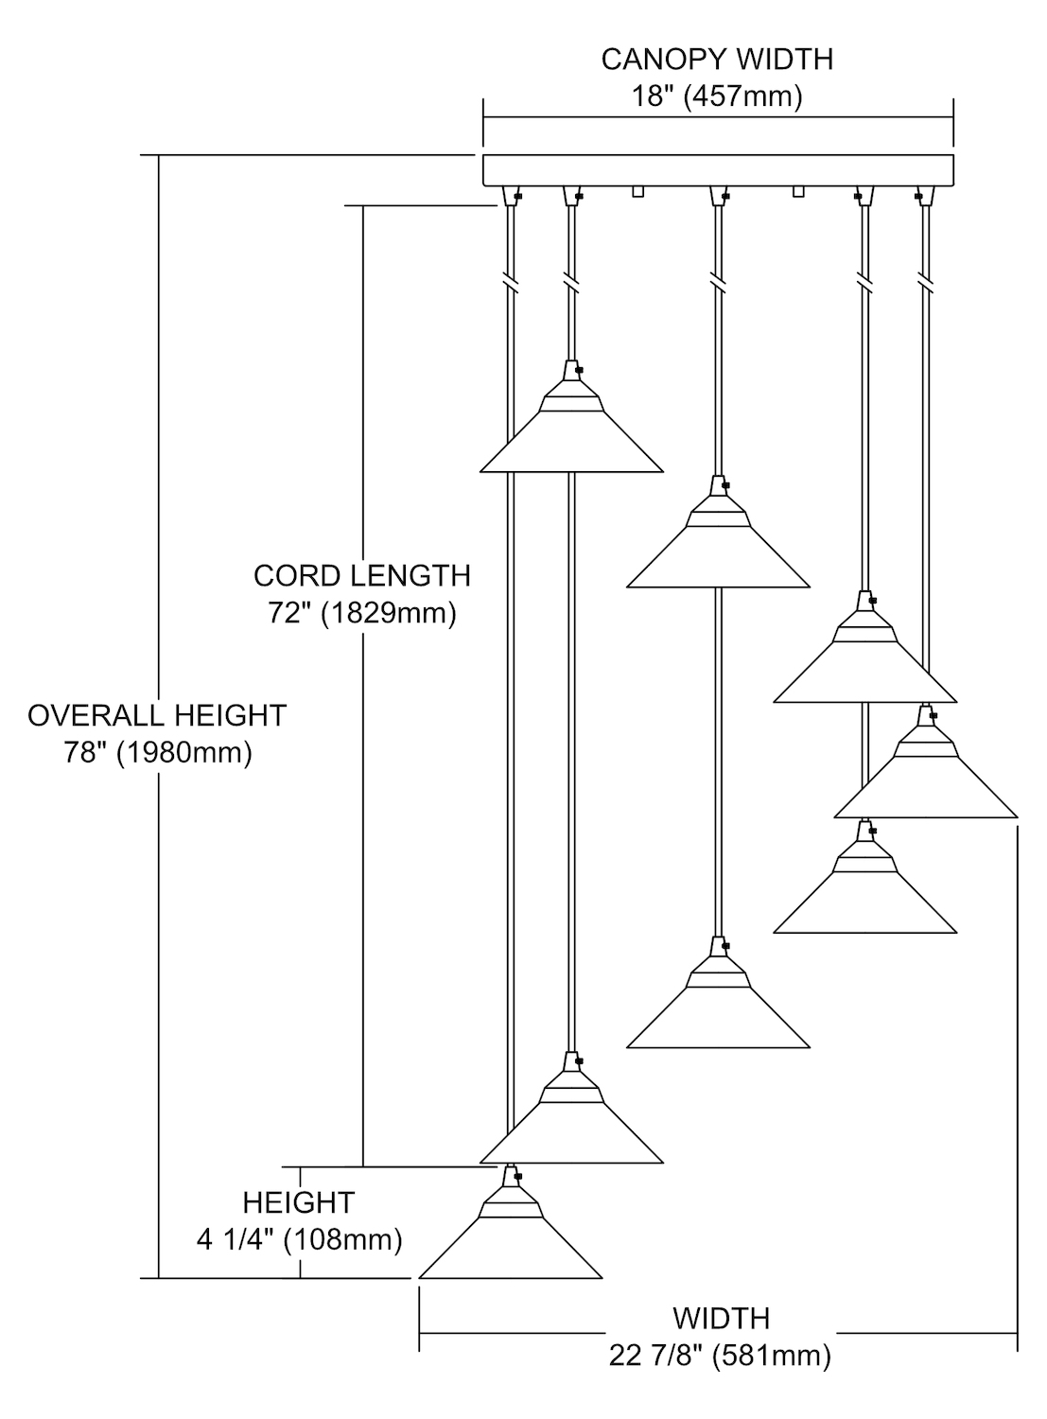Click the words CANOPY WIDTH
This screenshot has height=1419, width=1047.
pyautogui.click(x=717, y=60)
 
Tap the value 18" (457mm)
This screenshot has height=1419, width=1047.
pyautogui.click(x=717, y=96)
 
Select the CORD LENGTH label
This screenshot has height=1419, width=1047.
pyautogui.click(x=361, y=575)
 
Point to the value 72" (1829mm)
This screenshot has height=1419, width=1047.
pyautogui.click(x=361, y=613)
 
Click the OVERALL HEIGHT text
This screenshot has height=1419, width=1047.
pyautogui.click(x=157, y=715)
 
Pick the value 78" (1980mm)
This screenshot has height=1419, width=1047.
pyautogui.click(x=157, y=753)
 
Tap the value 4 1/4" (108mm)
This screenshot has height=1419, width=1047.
pyautogui.click(x=299, y=1239)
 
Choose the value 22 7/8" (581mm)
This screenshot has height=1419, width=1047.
pyautogui.click(x=721, y=1356)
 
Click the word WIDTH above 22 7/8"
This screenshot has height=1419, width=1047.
pyautogui.click(x=721, y=1318)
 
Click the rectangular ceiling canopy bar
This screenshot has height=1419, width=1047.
pyautogui.click(x=718, y=170)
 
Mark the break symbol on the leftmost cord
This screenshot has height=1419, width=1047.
pyautogui.click(x=511, y=282)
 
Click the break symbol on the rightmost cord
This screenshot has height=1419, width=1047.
pyautogui.click(x=924, y=282)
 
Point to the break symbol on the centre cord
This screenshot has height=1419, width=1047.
pyautogui.click(x=718, y=282)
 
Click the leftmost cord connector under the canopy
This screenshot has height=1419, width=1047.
pyautogui.click(x=512, y=195)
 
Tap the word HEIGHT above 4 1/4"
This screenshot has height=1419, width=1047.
pyautogui.click(x=299, y=1202)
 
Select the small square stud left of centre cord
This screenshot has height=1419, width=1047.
pyautogui.click(x=637, y=192)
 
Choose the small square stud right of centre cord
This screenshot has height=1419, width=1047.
pyautogui.click(x=798, y=192)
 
